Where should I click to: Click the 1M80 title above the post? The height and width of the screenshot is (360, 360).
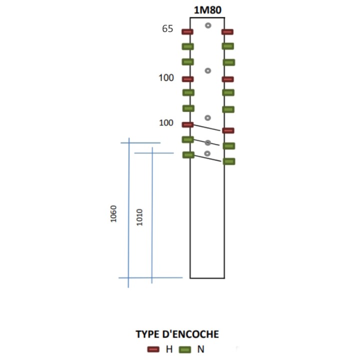click(x=207, y=10)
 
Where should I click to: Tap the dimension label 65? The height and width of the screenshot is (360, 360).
click(x=167, y=28)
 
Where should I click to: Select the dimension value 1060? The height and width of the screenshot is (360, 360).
click(x=113, y=214)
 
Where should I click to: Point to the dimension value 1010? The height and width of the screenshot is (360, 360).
click(x=139, y=217)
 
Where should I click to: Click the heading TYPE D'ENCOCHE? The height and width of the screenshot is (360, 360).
click(x=177, y=334)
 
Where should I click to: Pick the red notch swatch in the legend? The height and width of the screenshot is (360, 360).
click(x=153, y=349)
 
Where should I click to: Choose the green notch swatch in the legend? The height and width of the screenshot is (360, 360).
click(x=185, y=349)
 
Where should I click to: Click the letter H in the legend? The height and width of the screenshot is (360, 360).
click(x=169, y=349)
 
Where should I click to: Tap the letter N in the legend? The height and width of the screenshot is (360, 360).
click(x=201, y=349)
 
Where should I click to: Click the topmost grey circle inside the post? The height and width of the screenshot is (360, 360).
click(x=208, y=25)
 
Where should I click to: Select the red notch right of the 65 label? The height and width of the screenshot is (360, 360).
click(x=187, y=31)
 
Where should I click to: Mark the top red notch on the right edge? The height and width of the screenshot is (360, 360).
click(x=227, y=31)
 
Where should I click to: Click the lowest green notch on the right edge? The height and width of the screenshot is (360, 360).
click(x=229, y=161)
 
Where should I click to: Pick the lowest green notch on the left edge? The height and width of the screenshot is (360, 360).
click(x=188, y=155)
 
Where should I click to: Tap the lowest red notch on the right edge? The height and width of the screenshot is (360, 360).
click(x=228, y=130)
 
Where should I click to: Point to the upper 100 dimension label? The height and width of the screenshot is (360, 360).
click(x=166, y=78)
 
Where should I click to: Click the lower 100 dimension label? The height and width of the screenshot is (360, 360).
click(x=166, y=123)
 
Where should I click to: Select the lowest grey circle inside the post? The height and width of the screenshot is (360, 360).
click(x=207, y=153)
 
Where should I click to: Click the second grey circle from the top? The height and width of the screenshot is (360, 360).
click(x=208, y=70)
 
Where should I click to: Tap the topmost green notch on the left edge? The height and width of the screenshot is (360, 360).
click(x=188, y=46)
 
